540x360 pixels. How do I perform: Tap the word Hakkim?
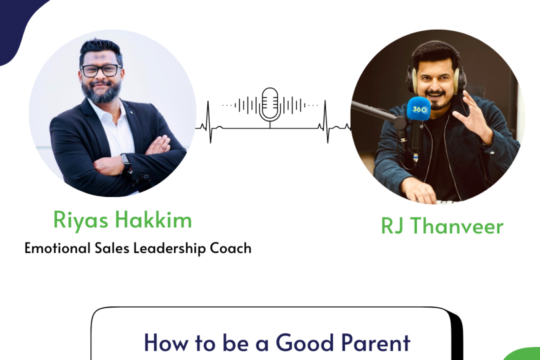153,219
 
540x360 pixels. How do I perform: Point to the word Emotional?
57,248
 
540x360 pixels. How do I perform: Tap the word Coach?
231,248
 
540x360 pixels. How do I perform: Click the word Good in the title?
305,343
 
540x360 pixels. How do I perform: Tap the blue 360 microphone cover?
419,109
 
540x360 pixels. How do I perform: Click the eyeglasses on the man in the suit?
101,70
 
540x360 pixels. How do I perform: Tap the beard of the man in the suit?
102,92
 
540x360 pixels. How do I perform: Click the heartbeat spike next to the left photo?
209,122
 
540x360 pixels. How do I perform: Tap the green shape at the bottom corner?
523,354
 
